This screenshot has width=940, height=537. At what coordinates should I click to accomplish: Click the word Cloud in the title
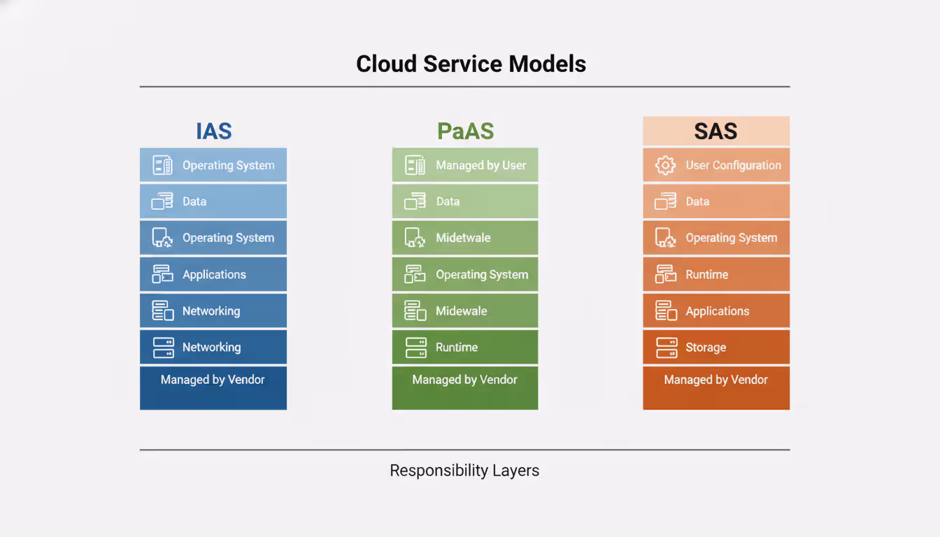point(387,64)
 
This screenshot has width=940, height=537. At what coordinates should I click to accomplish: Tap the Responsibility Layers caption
point(464,471)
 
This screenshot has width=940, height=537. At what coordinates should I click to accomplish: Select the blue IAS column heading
point(213,131)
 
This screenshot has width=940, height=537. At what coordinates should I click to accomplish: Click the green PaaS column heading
point(465,131)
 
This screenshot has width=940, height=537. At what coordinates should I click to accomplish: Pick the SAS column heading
point(715,131)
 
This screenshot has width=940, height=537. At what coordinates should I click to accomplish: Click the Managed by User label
point(480,166)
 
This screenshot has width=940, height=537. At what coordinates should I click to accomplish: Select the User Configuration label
point(733,166)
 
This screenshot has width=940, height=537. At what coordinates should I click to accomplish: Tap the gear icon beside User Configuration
point(664,166)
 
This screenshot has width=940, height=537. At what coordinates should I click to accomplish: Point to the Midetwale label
point(463,238)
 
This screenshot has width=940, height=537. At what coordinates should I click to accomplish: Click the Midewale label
point(461,311)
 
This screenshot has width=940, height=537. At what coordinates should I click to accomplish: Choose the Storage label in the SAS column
point(705,348)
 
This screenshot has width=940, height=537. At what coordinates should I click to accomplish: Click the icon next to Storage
point(666,348)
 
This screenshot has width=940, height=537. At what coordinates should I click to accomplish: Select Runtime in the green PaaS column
point(457,348)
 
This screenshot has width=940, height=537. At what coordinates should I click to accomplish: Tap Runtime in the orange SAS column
point(706,275)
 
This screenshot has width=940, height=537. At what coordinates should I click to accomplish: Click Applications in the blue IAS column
point(214,275)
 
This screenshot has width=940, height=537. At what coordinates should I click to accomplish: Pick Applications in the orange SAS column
point(717,311)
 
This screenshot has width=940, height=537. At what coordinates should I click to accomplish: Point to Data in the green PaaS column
point(448,201)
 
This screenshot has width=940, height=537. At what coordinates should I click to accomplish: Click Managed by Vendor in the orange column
point(715,380)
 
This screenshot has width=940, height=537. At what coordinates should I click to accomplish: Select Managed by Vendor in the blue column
point(213,380)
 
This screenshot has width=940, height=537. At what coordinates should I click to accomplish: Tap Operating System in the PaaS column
point(482,275)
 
